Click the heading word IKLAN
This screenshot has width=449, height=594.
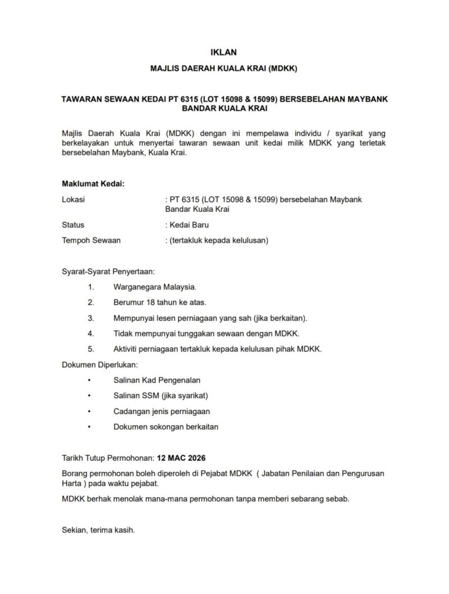click(x=223, y=52)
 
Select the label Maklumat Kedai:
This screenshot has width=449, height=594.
click(x=93, y=184)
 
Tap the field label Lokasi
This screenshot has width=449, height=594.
click(x=74, y=199)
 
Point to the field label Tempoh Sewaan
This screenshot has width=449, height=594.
click(x=91, y=241)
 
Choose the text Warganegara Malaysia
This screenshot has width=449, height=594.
click(x=155, y=287)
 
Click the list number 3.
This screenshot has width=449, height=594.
click(x=91, y=318)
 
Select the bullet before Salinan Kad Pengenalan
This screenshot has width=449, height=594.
click(x=89, y=380)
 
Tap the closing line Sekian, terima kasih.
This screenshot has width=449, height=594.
click(x=98, y=529)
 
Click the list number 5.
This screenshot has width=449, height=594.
click(x=91, y=349)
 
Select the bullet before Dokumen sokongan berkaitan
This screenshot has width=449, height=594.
click(x=89, y=427)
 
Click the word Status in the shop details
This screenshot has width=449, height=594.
click(x=73, y=225)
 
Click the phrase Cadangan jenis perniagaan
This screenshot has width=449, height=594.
click(x=162, y=411)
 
